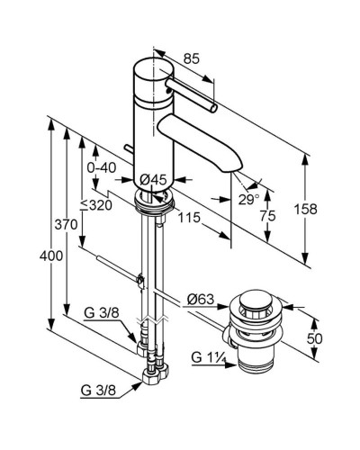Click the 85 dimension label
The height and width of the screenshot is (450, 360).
pyautogui.click(x=192, y=58)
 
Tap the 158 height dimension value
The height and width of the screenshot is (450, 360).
pyautogui.click(x=305, y=209)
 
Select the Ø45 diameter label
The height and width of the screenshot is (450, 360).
pyautogui.click(x=153, y=180)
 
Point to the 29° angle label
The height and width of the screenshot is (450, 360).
pyautogui.click(x=248, y=200)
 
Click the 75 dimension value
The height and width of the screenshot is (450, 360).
pyautogui.click(x=268, y=216)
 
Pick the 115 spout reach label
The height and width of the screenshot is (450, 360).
pyautogui.click(x=189, y=217)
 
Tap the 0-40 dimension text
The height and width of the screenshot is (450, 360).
pyautogui.click(x=102, y=168)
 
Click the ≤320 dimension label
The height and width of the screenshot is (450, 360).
pyautogui.click(x=96, y=205)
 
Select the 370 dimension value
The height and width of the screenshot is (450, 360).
pyautogui.click(x=66, y=224)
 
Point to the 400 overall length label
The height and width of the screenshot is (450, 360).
pyautogui.click(x=51, y=256)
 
